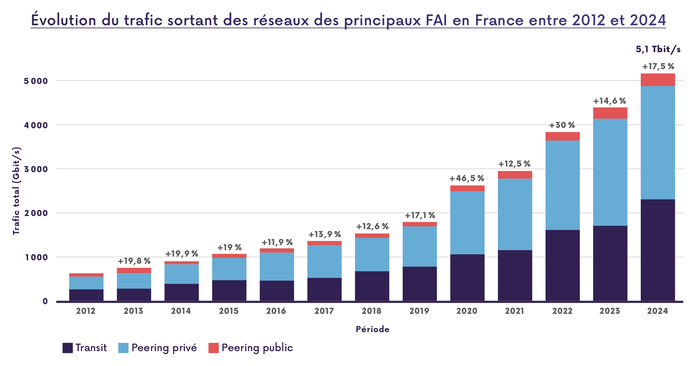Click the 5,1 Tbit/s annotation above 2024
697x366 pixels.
[x=658, y=49]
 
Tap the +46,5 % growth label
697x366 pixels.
[x=467, y=179]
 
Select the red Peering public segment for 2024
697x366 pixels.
[x=658, y=80]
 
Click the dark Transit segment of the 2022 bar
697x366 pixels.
[x=562, y=265]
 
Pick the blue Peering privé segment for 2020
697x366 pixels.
[x=467, y=223]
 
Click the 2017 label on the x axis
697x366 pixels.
[x=324, y=311]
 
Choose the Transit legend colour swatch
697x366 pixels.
[x=68, y=348]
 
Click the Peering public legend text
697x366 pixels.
[x=257, y=348]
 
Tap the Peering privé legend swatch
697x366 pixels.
[x=123, y=348]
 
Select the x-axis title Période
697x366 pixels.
[x=372, y=329]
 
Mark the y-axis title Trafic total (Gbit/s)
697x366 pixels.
[x=16, y=191]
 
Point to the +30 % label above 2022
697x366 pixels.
[x=562, y=125]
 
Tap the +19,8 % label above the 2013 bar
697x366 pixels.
[x=134, y=261]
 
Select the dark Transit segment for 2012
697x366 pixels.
[x=86, y=295]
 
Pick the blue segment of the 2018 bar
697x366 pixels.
[x=372, y=254]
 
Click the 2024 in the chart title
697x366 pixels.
[x=647, y=20]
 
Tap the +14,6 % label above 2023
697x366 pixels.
[x=610, y=101]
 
